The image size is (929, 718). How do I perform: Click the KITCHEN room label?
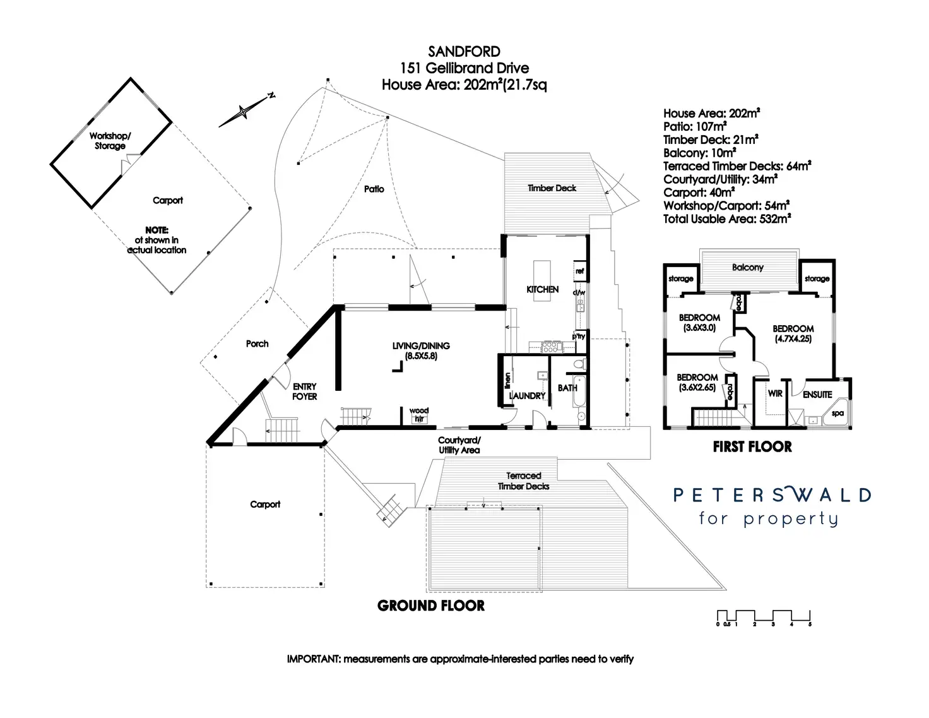point(542,289)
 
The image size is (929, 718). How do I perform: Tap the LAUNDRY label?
point(527,396)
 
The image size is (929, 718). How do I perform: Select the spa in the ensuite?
point(837,414)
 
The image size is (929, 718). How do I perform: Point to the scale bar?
point(764,617)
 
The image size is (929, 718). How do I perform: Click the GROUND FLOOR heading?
point(431,606)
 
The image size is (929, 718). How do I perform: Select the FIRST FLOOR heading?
point(752,447)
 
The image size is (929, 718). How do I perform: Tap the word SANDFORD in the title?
point(464,52)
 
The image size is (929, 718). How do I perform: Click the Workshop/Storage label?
point(110,141)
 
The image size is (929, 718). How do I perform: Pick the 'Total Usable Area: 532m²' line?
point(727,219)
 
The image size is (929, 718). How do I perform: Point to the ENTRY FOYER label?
point(304,392)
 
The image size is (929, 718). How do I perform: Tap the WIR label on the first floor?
point(775,393)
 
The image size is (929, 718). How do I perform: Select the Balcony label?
point(747,268)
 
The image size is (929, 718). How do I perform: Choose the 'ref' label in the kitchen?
point(579,271)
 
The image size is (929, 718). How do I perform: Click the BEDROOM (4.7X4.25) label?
point(793,333)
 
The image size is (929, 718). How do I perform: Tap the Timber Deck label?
point(552,188)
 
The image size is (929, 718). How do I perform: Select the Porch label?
point(257,344)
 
